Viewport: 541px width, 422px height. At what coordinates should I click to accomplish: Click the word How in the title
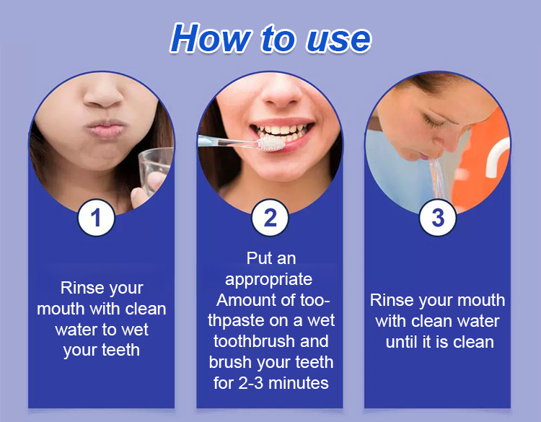(211, 38)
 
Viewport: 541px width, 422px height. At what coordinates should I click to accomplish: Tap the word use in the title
(339, 40)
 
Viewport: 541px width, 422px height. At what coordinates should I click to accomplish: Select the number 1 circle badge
(96, 217)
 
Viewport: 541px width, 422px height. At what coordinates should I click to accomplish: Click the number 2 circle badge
(270, 217)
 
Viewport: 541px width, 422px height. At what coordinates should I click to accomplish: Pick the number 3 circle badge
(438, 217)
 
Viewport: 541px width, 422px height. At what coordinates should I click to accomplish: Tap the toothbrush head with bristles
(271, 143)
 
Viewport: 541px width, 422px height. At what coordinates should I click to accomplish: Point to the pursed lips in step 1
(105, 128)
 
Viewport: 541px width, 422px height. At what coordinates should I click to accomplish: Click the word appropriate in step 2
(268, 280)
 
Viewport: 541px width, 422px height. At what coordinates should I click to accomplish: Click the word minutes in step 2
(299, 383)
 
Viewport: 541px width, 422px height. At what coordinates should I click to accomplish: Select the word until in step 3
(403, 342)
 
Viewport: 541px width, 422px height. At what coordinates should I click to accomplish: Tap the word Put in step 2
(256, 258)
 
